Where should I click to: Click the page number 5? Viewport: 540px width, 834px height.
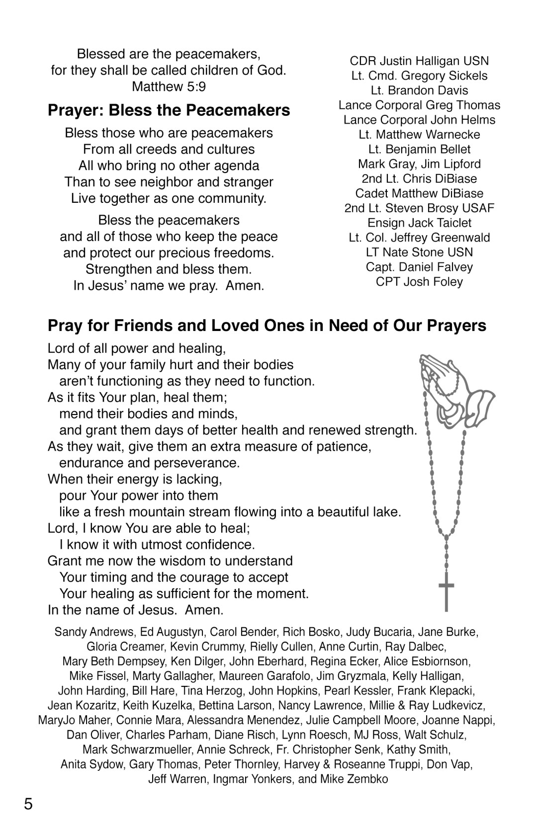pos(28,804)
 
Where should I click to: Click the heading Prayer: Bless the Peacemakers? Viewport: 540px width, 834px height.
pos(169,110)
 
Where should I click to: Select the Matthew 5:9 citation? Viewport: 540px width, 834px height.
pos(169,87)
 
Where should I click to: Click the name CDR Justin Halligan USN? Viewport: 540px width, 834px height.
pos(419,61)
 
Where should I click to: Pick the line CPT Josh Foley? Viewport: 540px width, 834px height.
pos(419,282)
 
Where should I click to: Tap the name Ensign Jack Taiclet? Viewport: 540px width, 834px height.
pos(419,223)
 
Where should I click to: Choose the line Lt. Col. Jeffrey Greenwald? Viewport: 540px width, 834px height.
pos(419,238)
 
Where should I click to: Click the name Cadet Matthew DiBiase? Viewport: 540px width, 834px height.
pos(419,193)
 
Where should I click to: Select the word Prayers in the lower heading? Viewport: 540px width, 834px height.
pos(452,326)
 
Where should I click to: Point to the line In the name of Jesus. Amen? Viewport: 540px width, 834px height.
pos(135,610)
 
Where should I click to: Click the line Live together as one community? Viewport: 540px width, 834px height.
pos(169,198)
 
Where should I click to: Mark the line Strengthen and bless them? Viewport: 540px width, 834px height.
pos(169,269)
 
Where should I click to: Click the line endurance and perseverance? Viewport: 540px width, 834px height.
pos(149,463)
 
